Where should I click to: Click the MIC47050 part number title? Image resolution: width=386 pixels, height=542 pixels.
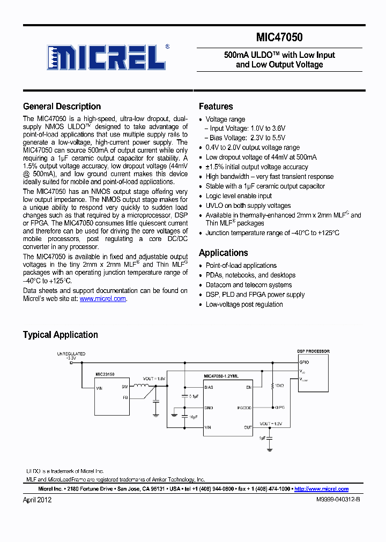(x=279, y=37)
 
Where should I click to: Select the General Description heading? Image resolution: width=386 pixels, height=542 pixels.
(x=62, y=106)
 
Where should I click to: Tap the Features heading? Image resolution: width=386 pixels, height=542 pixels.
(x=216, y=106)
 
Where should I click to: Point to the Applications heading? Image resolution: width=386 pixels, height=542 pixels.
(x=223, y=253)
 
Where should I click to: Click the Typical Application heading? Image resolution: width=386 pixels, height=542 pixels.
(x=60, y=335)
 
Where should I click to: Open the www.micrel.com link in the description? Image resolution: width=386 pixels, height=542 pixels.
(x=103, y=299)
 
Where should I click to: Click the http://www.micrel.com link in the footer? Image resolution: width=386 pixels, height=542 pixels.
(x=322, y=489)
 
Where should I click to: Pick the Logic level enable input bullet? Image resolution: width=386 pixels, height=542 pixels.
(x=239, y=196)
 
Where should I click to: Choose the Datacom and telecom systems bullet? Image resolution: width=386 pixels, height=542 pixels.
(x=249, y=285)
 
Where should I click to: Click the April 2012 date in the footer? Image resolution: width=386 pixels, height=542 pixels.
(x=37, y=500)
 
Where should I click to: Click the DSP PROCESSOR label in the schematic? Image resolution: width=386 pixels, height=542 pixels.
(x=313, y=351)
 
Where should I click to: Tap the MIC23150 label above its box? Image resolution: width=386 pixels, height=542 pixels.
(x=105, y=374)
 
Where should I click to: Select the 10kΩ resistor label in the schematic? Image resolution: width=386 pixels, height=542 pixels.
(x=278, y=386)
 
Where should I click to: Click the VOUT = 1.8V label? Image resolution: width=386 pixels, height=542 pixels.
(x=154, y=378)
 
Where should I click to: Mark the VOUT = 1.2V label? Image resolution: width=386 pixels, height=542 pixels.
(x=271, y=423)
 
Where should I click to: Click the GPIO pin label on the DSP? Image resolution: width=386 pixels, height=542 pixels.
(x=303, y=362)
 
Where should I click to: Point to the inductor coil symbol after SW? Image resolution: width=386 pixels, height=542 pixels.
(x=142, y=386)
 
